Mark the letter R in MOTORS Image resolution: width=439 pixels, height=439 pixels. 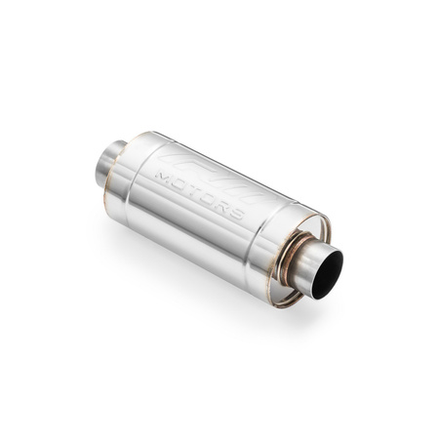[223, 206]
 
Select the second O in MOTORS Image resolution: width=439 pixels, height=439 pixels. [209, 198]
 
